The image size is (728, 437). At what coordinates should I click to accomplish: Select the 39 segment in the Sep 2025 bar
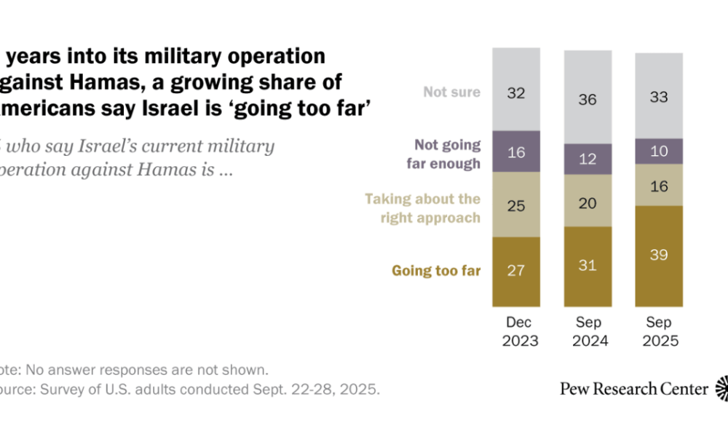click(659, 256)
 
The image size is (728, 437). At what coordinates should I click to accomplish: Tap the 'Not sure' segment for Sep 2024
click(587, 98)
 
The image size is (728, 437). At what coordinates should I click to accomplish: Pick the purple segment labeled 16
click(516, 151)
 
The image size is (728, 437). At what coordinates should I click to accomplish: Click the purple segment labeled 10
click(659, 151)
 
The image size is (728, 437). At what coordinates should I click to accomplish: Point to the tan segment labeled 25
click(516, 205)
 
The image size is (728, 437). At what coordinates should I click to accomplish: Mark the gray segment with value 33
click(659, 95)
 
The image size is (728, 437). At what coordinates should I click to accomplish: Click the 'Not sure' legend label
click(452, 92)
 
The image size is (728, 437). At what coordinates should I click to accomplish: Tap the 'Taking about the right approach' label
click(422, 208)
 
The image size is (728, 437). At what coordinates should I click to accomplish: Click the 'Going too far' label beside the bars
click(436, 271)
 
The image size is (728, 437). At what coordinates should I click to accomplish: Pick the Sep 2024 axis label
click(587, 331)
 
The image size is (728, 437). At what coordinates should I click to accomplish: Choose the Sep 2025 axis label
click(659, 331)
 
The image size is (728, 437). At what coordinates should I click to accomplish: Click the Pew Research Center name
click(633, 388)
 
